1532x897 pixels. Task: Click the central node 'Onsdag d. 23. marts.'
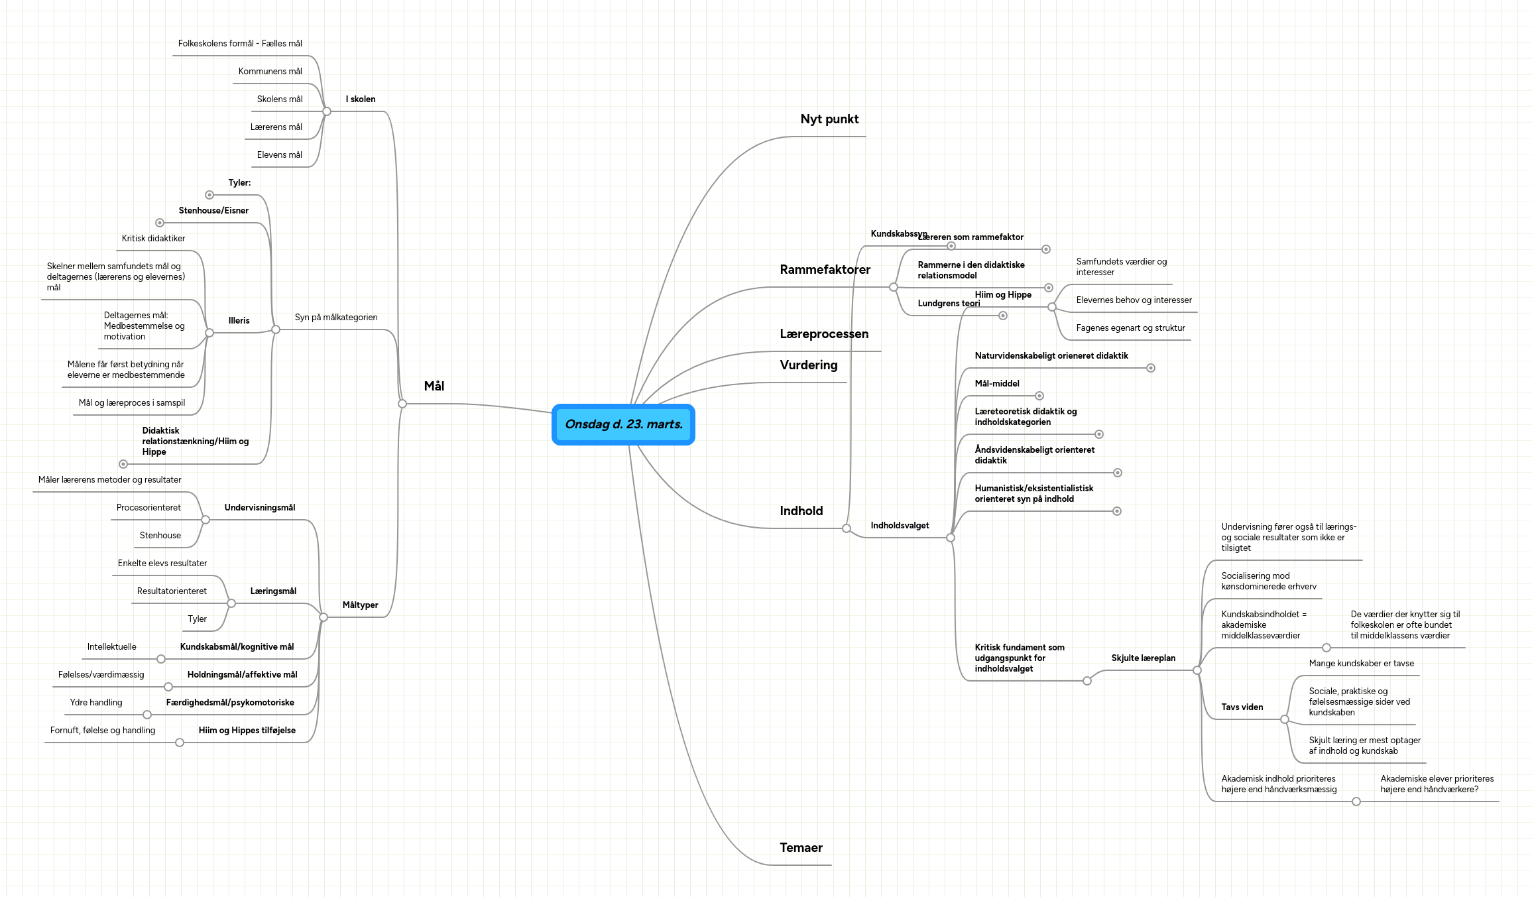click(623, 424)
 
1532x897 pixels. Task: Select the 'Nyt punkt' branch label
click(829, 119)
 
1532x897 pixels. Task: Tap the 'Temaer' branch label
click(801, 848)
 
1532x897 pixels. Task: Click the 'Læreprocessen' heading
click(824, 334)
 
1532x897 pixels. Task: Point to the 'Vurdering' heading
click(809, 365)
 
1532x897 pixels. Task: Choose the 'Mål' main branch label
click(434, 387)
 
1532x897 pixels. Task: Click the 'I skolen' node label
click(361, 99)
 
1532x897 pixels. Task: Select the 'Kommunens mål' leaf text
click(270, 72)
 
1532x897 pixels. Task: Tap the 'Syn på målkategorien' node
click(336, 318)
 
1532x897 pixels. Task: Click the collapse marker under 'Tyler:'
click(209, 195)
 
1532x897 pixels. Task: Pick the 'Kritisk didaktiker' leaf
click(153, 239)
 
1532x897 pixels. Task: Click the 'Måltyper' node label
click(360, 605)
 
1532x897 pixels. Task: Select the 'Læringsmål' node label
click(273, 591)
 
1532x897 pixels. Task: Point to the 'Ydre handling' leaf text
click(96, 703)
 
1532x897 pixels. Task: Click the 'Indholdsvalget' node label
click(900, 526)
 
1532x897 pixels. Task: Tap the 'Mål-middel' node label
click(997, 384)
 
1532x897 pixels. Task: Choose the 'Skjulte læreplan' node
click(1143, 658)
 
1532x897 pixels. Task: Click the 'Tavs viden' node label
click(1242, 707)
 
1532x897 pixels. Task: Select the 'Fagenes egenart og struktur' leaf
click(1130, 328)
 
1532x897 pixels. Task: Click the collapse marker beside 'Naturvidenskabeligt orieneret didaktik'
click(1151, 368)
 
